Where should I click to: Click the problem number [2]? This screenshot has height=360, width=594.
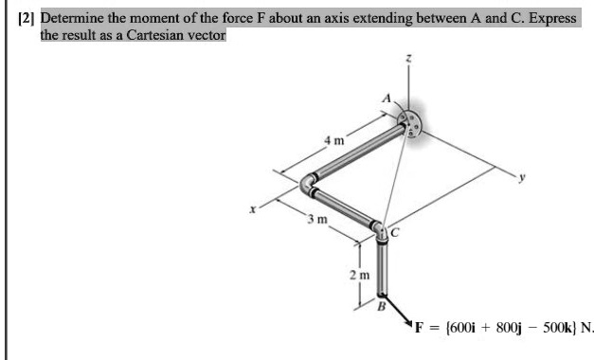click(x=27, y=18)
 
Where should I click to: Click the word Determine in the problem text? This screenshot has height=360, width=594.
click(x=70, y=18)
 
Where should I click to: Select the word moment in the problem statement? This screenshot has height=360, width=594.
click(x=154, y=18)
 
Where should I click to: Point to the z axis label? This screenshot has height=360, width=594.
click(x=409, y=59)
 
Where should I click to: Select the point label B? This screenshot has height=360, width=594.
click(x=382, y=304)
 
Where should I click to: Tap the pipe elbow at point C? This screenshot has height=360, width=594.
click(x=379, y=230)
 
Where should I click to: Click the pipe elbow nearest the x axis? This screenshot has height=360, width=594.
click(x=309, y=184)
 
